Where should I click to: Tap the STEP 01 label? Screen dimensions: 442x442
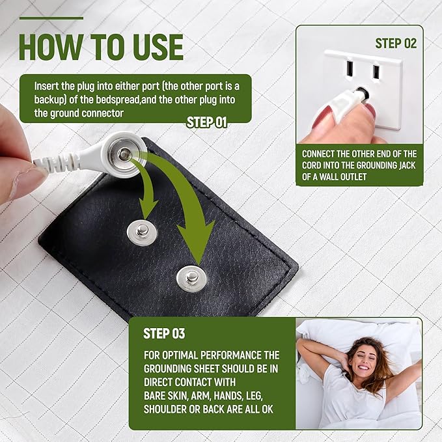pyautogui.click(x=206, y=122)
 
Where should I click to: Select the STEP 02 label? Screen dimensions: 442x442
pyautogui.click(x=396, y=44)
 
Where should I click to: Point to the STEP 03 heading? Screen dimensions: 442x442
pyautogui.click(x=164, y=333)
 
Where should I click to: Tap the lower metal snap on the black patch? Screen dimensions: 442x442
pyautogui.click(x=191, y=279)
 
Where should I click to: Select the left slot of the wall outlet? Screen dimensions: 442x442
pyautogui.click(x=350, y=69)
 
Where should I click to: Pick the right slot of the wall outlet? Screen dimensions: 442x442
pyautogui.click(x=376, y=72)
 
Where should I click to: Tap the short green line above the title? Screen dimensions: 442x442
pyautogui.click(x=51, y=18)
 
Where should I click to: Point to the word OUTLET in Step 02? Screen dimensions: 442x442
pyautogui.click(x=353, y=177)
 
